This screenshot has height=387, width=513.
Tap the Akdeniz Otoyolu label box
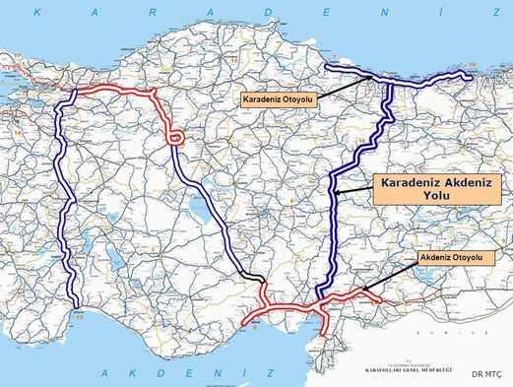449,258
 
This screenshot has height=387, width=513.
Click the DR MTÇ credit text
485,373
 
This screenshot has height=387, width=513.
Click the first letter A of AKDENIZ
105,374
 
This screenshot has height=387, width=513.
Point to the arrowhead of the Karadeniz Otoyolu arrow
379,76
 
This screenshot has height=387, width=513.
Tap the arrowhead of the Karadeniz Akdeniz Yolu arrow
335,193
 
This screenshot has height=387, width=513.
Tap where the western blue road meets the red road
75,95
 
